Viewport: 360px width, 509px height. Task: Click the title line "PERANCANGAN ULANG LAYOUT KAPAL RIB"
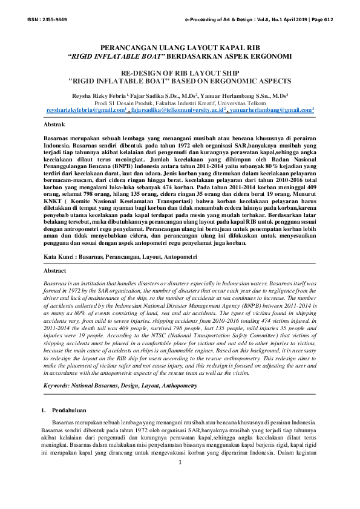(x=180, y=46)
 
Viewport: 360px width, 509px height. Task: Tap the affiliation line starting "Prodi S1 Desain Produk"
(x=180, y=103)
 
